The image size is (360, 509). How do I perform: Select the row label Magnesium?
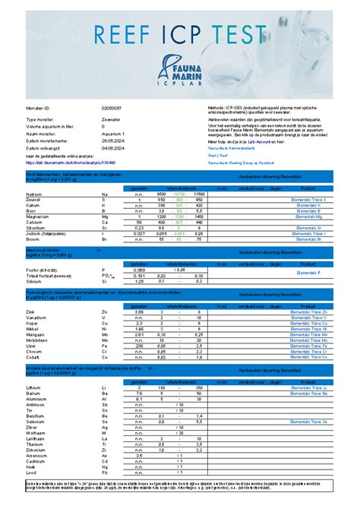(39, 217)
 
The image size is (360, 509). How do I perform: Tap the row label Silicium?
(35, 281)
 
